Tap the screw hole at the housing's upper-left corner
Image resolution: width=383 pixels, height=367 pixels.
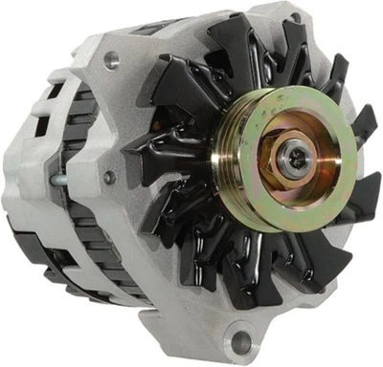pyautogui.click(x=113, y=62)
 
